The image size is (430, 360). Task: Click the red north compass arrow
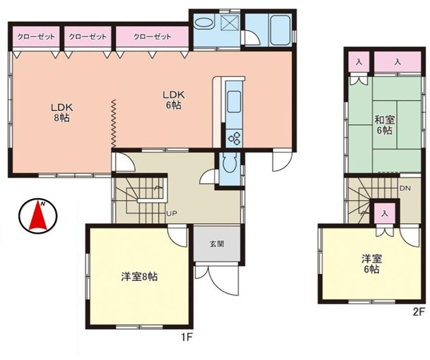[38, 215]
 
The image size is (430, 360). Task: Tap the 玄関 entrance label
[217, 243]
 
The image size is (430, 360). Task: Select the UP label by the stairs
[171, 213]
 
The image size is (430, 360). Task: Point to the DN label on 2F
[405, 188]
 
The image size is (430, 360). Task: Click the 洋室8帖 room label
[139, 277]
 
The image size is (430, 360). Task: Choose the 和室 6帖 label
[384, 125]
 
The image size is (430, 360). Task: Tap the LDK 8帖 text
[62, 112]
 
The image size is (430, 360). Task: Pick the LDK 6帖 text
[173, 100]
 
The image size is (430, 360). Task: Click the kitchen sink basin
[234, 102]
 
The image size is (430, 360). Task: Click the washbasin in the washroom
[204, 23]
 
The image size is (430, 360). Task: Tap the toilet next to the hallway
[229, 166]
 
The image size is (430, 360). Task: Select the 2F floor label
[418, 312]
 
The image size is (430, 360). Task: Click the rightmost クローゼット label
[152, 37]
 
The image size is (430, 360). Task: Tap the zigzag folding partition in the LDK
[113, 123]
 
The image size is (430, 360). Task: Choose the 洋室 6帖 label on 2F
[371, 264]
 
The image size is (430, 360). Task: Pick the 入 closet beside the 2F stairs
[385, 213]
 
